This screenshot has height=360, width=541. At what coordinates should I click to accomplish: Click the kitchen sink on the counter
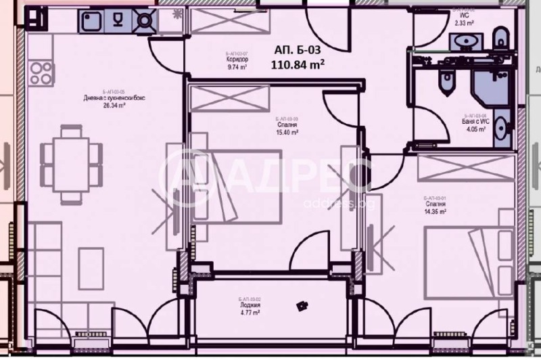(92, 22)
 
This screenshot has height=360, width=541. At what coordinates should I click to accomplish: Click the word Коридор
(237, 60)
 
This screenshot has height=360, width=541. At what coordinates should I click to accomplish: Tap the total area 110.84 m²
(298, 65)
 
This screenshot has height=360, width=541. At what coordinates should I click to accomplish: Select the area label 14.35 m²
(436, 212)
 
